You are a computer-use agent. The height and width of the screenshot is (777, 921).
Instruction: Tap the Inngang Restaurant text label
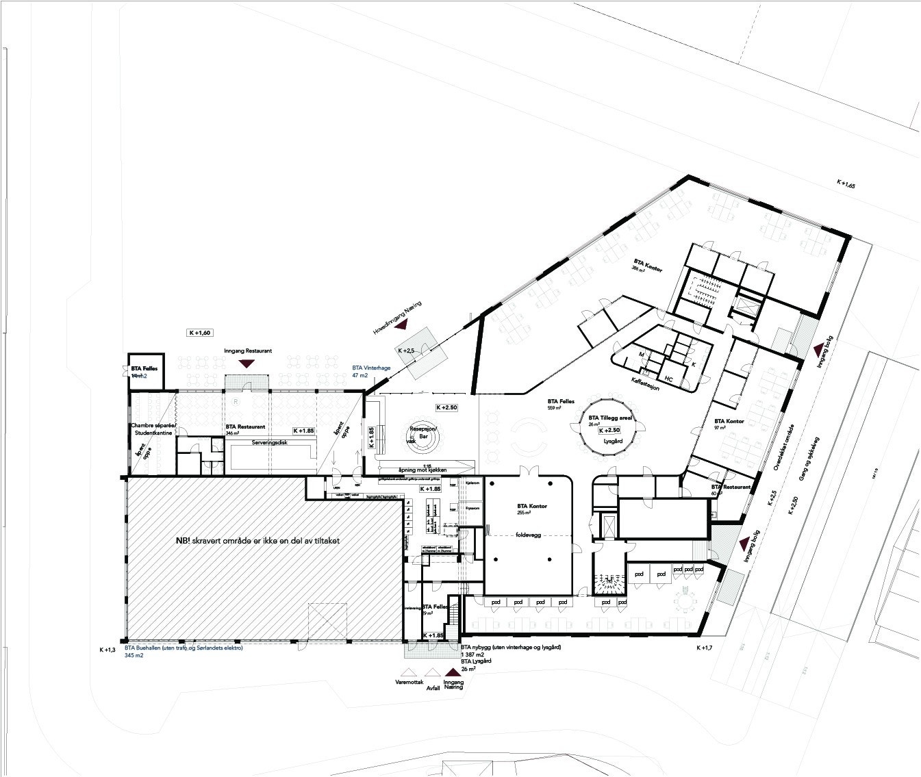tap(248, 351)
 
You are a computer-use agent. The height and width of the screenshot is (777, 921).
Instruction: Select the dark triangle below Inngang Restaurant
tap(248, 364)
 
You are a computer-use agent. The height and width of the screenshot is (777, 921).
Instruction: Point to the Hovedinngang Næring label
tap(403, 319)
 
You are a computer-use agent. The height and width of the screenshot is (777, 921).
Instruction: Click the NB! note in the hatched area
tap(257, 541)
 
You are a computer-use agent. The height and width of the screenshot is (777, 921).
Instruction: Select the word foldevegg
tap(527, 535)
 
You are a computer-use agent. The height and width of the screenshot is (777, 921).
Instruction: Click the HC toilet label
tap(668, 377)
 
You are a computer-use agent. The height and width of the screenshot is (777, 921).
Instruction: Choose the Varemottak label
tap(411, 683)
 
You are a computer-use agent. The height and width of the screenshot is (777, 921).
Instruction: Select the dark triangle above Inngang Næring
tap(453, 674)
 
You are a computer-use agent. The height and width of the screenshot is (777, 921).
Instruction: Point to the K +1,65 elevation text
tap(846, 183)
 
